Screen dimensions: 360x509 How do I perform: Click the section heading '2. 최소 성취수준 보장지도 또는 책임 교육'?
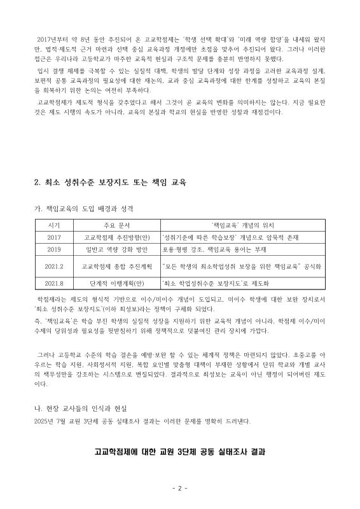pos(110,182)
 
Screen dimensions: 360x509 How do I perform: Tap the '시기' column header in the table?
pos(53,225)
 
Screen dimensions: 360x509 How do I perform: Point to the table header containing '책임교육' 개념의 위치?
pos(242,225)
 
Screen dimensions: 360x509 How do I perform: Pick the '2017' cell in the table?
pos(53,237)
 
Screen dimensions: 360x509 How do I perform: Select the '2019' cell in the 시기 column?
pos(53,249)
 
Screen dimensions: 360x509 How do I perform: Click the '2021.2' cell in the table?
pos(53,267)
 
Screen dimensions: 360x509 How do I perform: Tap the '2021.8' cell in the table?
pos(53,284)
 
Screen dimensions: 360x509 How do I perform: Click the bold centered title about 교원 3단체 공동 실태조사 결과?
pos(179,452)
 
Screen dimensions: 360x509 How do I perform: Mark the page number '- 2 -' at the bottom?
pos(179,489)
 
